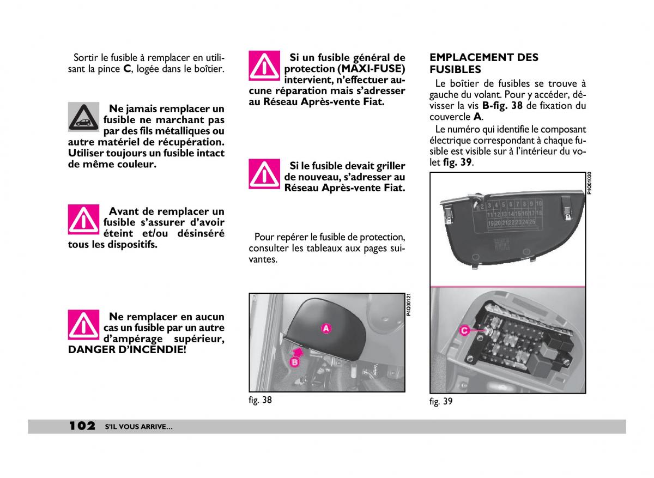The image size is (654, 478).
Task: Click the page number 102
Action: pyautogui.click(x=82, y=426)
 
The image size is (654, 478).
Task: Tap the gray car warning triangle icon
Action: pyautogui.click(x=83, y=117)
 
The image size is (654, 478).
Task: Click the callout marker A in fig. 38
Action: pyautogui.click(x=326, y=328)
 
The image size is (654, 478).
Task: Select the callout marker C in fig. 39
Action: pyautogui.click(x=464, y=330)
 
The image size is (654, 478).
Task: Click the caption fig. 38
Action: pyautogui.click(x=260, y=400)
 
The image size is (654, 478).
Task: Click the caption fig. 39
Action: pyautogui.click(x=441, y=402)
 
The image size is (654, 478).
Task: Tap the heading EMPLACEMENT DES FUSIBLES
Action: pyautogui.click(x=484, y=63)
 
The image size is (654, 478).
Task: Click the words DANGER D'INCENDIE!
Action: pyautogui.click(x=126, y=349)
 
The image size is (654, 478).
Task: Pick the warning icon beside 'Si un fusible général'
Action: pyautogui.click(x=264, y=66)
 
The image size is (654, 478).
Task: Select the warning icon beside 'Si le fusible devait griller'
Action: pyautogui.click(x=264, y=174)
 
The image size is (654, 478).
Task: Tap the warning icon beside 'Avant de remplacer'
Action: pyautogui.click(x=83, y=219)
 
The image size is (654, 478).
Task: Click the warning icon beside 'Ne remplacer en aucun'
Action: pyautogui.click(x=83, y=324)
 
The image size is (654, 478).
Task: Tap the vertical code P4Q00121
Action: pyautogui.click(x=409, y=305)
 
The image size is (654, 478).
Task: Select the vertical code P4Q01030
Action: pyautogui.click(x=589, y=183)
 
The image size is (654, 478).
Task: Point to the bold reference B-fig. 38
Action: pyautogui.click(x=502, y=106)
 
